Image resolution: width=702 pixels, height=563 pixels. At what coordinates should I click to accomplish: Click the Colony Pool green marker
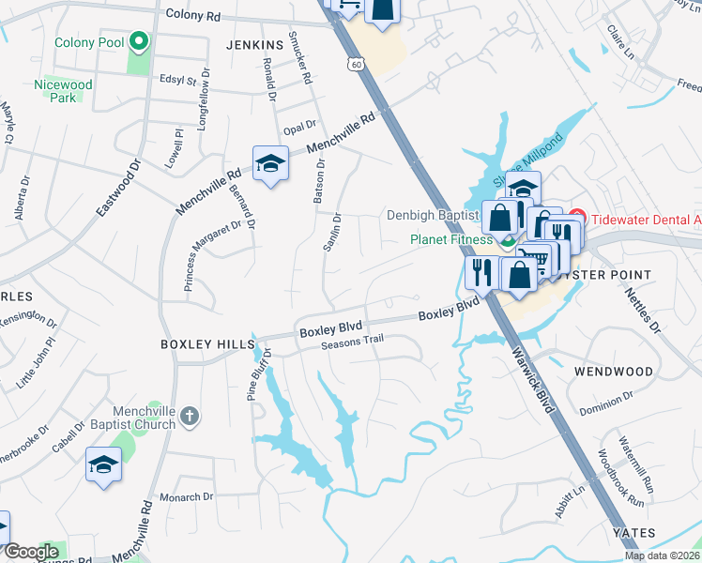(139, 41)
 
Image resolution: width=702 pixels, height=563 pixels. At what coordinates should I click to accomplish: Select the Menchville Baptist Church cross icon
(190, 414)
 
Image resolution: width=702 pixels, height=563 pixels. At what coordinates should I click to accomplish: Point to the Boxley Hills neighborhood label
(201, 344)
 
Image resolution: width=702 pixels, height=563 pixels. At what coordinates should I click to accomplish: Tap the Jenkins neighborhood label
(254, 45)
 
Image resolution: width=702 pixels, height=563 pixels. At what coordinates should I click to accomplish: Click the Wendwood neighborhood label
(614, 372)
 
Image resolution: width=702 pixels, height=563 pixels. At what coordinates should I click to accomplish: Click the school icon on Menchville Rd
(270, 165)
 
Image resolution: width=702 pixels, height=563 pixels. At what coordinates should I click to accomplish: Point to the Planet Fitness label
(451, 239)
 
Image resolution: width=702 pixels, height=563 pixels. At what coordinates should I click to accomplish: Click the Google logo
(31, 552)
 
